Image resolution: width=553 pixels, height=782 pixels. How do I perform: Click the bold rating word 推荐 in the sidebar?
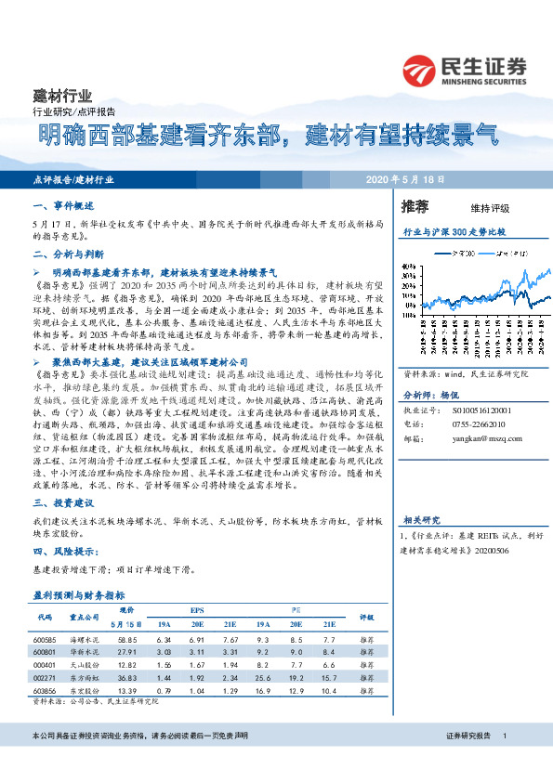coord(415,205)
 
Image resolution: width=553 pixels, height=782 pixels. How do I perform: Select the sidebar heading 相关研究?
coord(420,520)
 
